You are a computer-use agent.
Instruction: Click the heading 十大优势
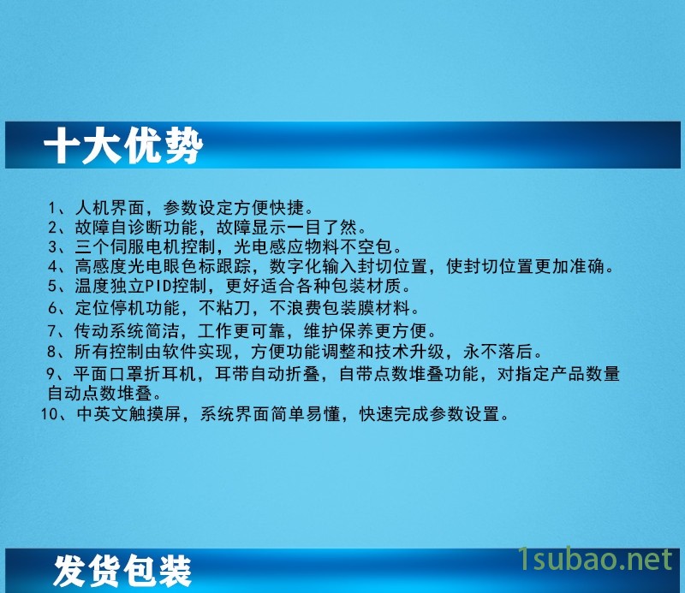tap(123, 145)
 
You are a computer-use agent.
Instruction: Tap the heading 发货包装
tap(122, 571)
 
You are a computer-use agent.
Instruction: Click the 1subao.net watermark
tap(594, 559)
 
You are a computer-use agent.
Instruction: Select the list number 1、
tap(57, 208)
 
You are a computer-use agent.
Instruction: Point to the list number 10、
tap(54, 414)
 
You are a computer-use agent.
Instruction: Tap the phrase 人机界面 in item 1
tap(110, 208)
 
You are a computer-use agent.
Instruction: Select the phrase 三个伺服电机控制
tap(145, 247)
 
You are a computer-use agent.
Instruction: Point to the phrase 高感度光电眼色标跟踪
tap(163, 266)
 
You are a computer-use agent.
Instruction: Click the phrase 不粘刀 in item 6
tap(224, 308)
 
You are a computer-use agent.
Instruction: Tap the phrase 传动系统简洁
tap(127, 331)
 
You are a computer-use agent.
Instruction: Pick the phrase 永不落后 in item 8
tap(497, 352)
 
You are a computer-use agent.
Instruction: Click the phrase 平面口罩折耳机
tap(134, 374)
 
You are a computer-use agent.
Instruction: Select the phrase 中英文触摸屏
tap(129, 414)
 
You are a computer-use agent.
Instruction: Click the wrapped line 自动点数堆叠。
tap(104, 394)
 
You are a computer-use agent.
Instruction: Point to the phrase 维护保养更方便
tap(366, 331)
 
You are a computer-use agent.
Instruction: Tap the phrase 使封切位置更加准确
tap(525, 266)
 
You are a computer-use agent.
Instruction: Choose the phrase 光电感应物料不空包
tap(313, 247)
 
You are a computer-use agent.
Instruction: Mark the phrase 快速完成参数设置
tap(429, 414)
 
